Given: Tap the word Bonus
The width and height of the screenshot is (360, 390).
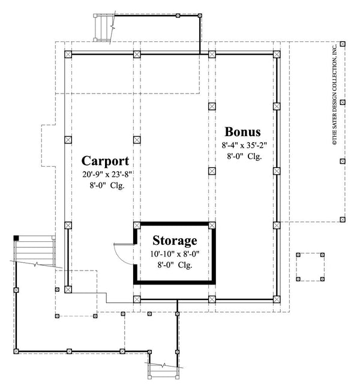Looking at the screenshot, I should pos(242,131).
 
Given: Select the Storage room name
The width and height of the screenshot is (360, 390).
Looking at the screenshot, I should pos(174,241).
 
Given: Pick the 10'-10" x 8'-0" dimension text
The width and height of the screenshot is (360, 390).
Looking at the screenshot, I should pos(174,254).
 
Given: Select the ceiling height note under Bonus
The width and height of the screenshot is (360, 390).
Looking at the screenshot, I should pos(243,156).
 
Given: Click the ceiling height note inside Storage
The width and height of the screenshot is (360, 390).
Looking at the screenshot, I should pos(174,265).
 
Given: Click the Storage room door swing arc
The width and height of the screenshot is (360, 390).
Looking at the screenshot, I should pos(122,252).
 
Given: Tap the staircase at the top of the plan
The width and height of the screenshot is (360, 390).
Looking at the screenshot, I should pos(104,28).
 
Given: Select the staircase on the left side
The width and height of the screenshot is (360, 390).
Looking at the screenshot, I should pos(34,252).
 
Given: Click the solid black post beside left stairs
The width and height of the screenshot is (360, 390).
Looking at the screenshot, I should pos(16,238).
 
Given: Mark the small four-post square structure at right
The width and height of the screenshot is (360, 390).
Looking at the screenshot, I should pos(310,266).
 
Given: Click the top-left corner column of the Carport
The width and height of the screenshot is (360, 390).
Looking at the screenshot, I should pos(67,53).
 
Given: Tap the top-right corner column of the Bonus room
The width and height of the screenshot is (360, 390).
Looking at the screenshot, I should pos(277,54).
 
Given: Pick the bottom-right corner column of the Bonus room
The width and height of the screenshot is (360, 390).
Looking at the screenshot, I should pos(277,298).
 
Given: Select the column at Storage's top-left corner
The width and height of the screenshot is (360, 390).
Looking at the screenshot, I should pos(137,225).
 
